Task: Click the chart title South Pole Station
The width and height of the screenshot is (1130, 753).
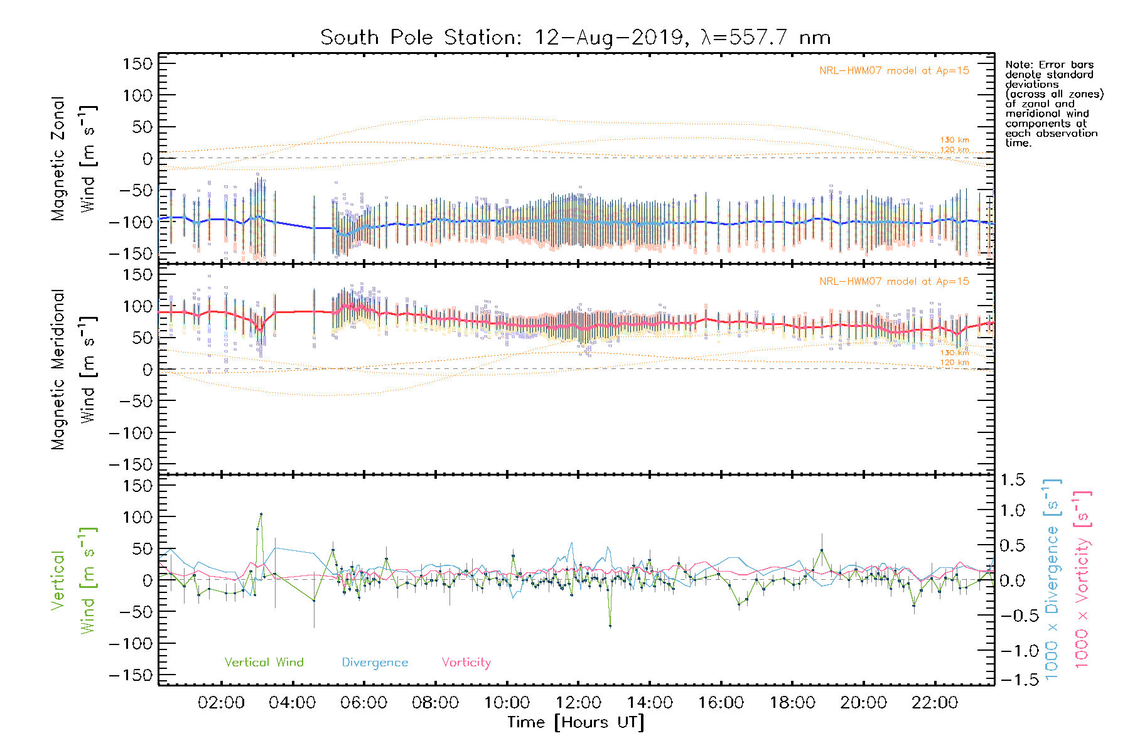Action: pyautogui.click(x=575, y=38)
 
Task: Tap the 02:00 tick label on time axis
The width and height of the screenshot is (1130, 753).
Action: pyautogui.click(x=221, y=703)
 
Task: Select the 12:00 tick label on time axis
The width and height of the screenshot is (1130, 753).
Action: pyautogui.click(x=578, y=703)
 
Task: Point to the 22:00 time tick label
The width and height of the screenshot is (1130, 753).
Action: pyautogui.click(x=935, y=703)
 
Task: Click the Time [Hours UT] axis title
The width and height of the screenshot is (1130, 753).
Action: pyautogui.click(x=576, y=723)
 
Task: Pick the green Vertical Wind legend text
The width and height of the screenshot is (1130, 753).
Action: pyautogui.click(x=264, y=663)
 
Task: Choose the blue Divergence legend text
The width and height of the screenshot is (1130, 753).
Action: pyautogui.click(x=375, y=663)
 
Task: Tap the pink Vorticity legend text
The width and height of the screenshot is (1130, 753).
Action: pyautogui.click(x=466, y=663)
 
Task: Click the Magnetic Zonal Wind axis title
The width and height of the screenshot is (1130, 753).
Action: pyautogui.click(x=73, y=158)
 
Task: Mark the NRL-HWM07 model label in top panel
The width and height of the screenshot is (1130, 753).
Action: pyautogui.click(x=894, y=71)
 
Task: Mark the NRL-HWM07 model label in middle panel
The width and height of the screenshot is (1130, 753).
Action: pyautogui.click(x=894, y=282)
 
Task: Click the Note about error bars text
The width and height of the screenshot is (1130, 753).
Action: pyautogui.click(x=1053, y=104)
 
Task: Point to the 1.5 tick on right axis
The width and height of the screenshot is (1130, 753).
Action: pyautogui.click(x=1013, y=480)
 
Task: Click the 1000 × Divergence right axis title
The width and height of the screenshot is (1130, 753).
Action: pyautogui.click(x=1052, y=579)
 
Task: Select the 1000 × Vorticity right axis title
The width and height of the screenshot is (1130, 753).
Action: pyautogui.click(x=1082, y=579)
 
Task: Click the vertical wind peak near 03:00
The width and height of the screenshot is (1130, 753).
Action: pyautogui.click(x=261, y=514)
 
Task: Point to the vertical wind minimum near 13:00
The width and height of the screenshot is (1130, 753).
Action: pyautogui.click(x=610, y=626)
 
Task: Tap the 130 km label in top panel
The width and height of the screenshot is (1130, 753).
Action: pyautogui.click(x=954, y=140)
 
